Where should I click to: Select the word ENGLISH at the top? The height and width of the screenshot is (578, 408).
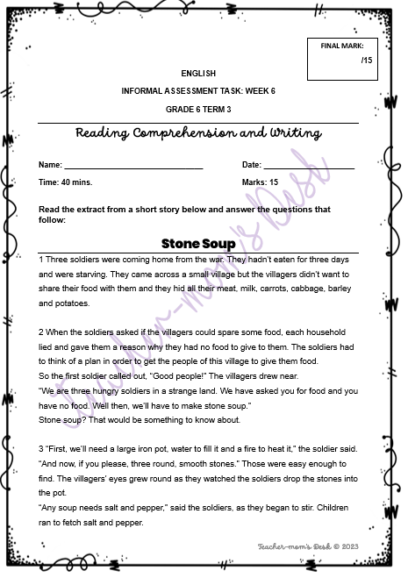(198, 74)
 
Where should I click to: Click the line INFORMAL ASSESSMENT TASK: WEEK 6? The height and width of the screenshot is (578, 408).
(198, 91)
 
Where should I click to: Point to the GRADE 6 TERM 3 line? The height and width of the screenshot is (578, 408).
(198, 109)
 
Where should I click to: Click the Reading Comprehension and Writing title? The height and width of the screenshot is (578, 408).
(198, 132)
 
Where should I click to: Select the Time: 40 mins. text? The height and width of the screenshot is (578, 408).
(66, 182)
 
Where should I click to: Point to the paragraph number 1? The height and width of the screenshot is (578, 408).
(41, 260)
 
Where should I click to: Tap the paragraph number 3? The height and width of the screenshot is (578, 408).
(41, 449)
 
